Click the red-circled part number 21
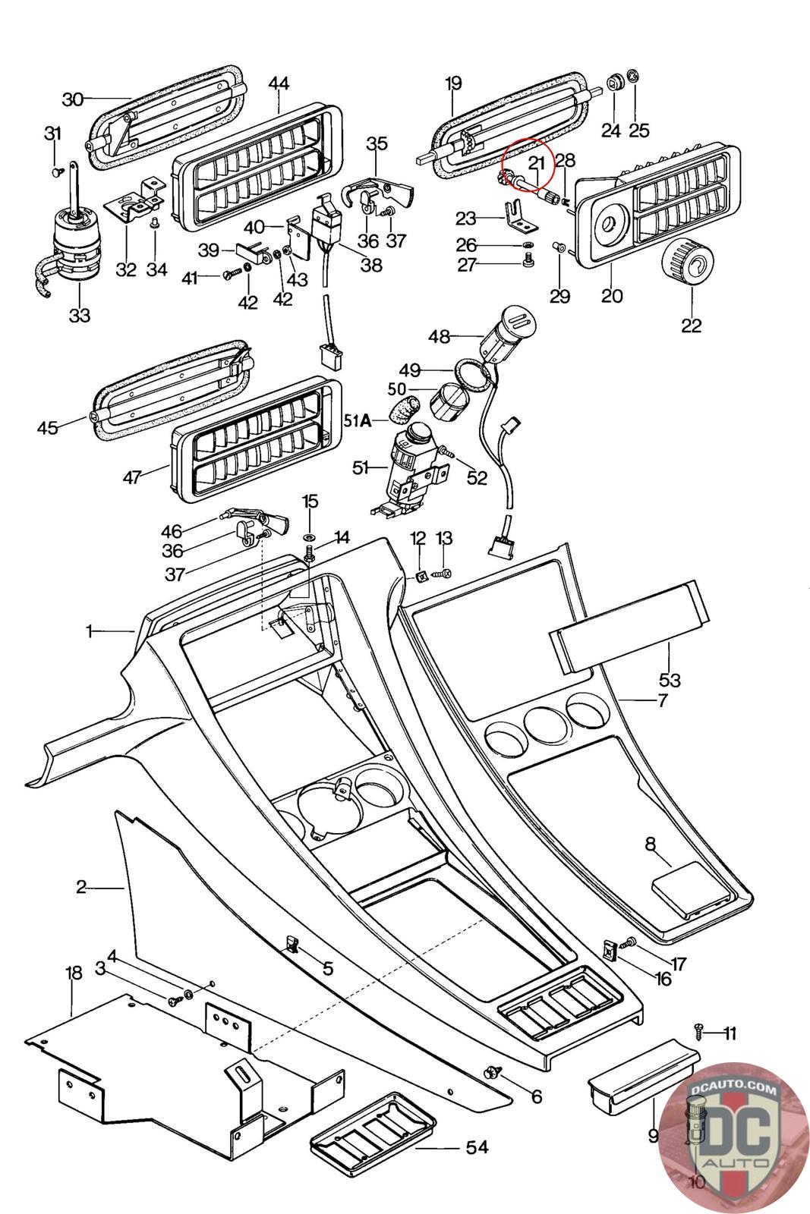coord(537,163)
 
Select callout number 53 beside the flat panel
coord(670,678)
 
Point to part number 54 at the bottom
coord(477,1148)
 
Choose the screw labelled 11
coord(699,1030)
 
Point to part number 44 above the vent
coord(279,83)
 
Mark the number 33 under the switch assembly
coord(80,314)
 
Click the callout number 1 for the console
coord(89,631)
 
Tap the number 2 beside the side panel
coord(81,886)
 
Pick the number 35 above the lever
coord(377,143)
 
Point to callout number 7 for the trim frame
coord(662,700)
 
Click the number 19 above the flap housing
coord(453,83)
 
